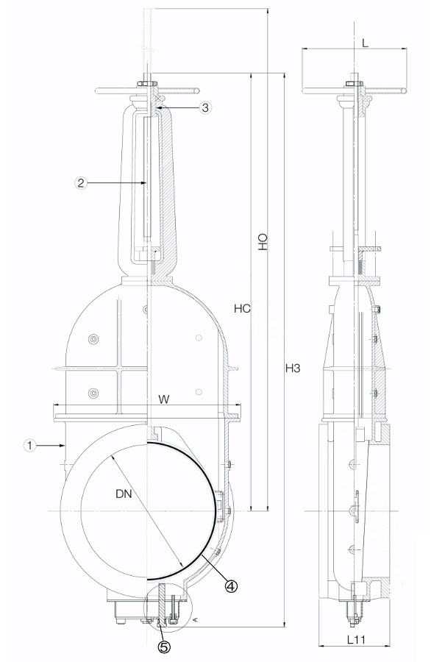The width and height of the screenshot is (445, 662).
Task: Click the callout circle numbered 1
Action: [29, 445]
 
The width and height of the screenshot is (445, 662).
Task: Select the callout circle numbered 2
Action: [81, 183]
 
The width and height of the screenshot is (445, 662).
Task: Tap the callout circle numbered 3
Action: [204, 107]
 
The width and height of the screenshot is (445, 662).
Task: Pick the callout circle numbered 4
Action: [231, 586]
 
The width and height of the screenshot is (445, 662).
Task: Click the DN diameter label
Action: [124, 493]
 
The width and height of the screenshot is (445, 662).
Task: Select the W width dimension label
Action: [164, 399]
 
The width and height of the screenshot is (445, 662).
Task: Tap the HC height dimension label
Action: [242, 309]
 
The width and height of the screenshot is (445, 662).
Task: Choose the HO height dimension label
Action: [263, 241]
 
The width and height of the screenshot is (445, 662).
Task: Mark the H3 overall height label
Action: [293, 369]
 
